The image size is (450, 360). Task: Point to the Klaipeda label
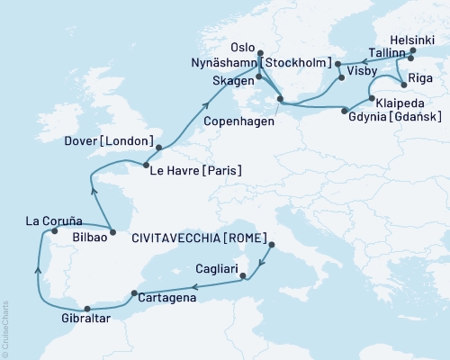point(399,102)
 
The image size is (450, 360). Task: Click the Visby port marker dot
point(343,77)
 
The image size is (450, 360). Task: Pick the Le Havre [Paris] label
point(195,169)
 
